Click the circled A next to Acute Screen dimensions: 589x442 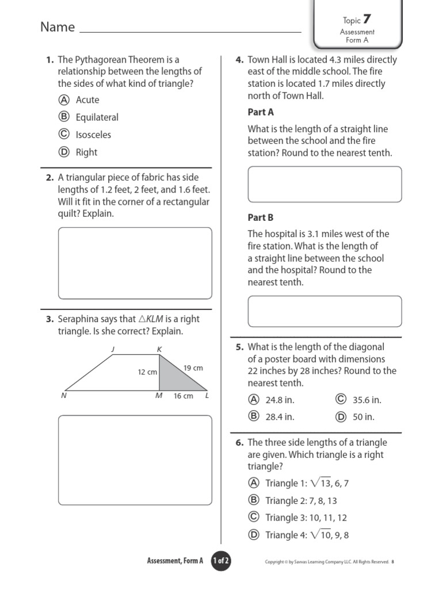coord(64,100)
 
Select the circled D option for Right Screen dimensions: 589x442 coord(64,152)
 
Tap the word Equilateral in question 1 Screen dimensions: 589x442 coord(97,117)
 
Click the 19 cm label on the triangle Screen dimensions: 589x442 coord(193,368)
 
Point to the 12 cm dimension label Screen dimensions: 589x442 coord(147,372)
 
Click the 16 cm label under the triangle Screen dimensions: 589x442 coord(183,396)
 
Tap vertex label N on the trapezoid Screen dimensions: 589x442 coord(63,396)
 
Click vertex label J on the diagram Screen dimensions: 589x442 coord(113,349)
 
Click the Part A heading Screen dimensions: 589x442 coord(261,113)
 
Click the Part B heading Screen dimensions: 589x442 coord(261,217)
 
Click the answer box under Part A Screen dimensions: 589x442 coord(325,185)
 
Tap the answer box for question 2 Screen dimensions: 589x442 coord(135,263)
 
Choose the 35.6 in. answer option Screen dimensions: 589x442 coord(367,400)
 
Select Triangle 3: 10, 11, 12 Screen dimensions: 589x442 coord(306,518)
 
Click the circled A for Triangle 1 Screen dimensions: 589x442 coord(254,483)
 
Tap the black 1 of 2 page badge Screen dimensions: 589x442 coord(221,561)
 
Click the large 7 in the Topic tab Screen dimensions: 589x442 coord(367,20)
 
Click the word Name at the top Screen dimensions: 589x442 coord(58,27)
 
